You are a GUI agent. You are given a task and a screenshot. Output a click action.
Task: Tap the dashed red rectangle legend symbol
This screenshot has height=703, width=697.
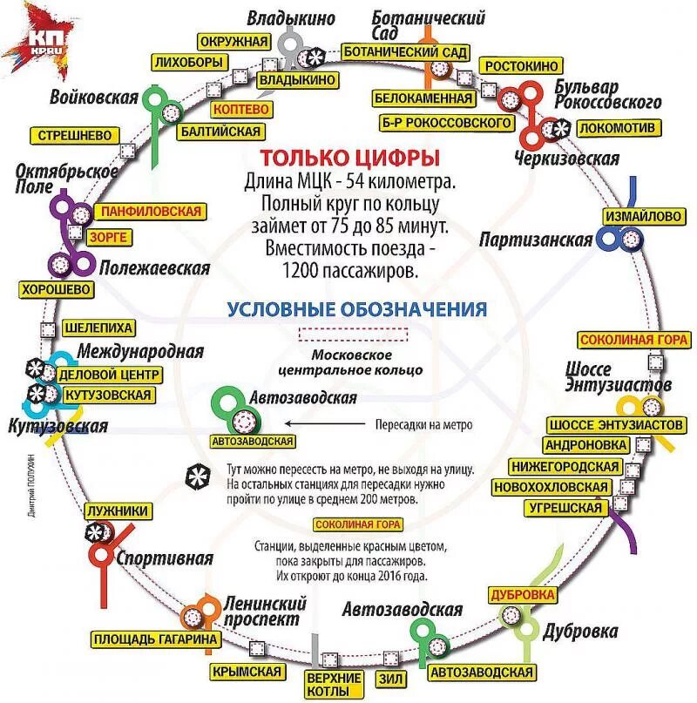point(353,335)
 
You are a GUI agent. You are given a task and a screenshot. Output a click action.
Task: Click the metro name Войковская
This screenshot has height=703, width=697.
point(94,97)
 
